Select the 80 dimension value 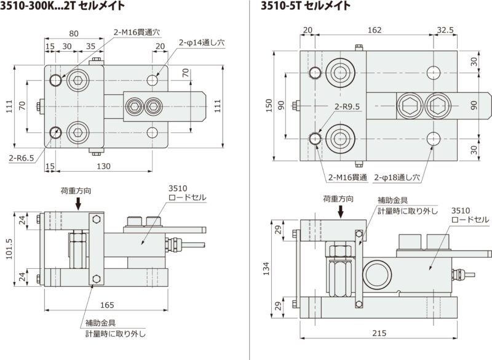(74, 34)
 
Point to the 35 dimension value (90, 46)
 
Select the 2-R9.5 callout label (349, 106)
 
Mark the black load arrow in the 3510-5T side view (343, 212)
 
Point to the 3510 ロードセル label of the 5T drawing (470, 215)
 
